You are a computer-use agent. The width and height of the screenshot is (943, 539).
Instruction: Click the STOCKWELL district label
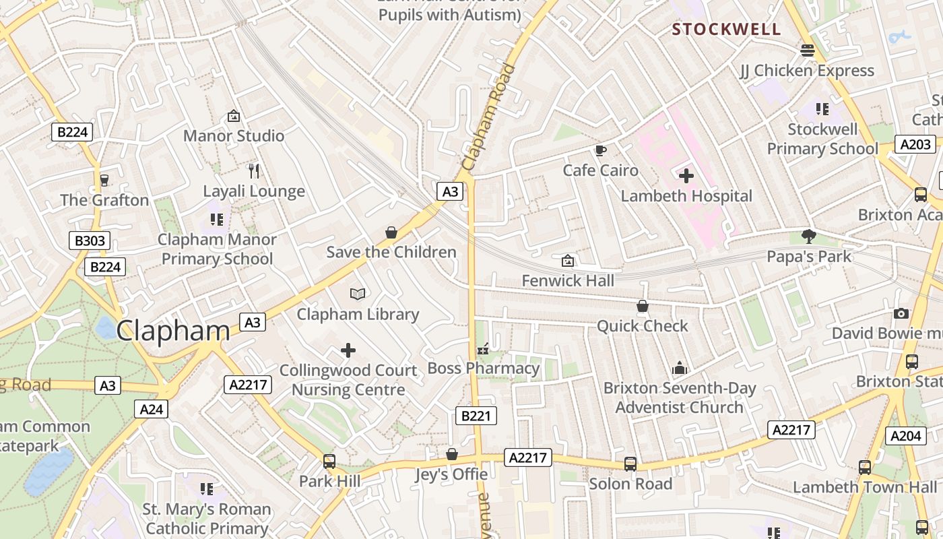[x=727, y=29]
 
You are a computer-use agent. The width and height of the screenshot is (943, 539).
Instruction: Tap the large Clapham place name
[x=173, y=331]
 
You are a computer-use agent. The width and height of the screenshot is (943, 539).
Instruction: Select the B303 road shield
[x=90, y=241]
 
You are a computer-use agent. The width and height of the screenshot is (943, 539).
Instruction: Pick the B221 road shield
[x=476, y=416]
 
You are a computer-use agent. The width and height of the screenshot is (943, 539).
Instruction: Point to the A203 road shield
[x=915, y=144]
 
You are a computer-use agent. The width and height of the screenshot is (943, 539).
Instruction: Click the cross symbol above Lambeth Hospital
[x=686, y=176]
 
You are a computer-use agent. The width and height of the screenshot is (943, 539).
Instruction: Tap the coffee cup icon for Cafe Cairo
[x=600, y=150]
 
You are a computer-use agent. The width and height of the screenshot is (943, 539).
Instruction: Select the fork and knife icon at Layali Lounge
[x=253, y=171]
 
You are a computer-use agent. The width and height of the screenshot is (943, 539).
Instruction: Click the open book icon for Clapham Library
[x=358, y=294]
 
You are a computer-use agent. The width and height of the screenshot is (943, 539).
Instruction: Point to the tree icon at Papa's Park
[x=809, y=236]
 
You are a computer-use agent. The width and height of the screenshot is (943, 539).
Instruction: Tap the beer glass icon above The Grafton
[x=104, y=180]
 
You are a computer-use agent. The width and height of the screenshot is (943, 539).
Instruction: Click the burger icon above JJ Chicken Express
[x=807, y=51]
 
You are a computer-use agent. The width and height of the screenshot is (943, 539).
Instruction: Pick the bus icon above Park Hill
[x=329, y=462]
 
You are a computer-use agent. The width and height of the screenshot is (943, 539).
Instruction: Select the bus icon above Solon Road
[x=630, y=464]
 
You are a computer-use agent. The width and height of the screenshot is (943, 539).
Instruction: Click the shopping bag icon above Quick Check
[x=643, y=306]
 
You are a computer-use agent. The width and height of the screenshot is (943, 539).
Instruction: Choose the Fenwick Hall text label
[x=568, y=280]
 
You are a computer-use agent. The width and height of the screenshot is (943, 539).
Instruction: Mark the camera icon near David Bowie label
[x=901, y=313]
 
